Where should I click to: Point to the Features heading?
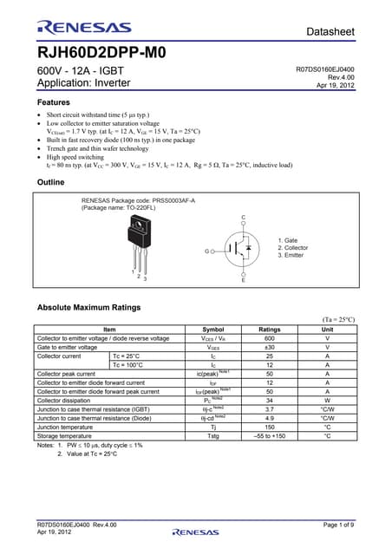(56, 102)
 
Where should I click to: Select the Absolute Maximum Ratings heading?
(88, 308)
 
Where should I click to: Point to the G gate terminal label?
(207, 251)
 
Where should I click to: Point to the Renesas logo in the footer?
(195, 531)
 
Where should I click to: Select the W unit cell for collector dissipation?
(327, 400)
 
